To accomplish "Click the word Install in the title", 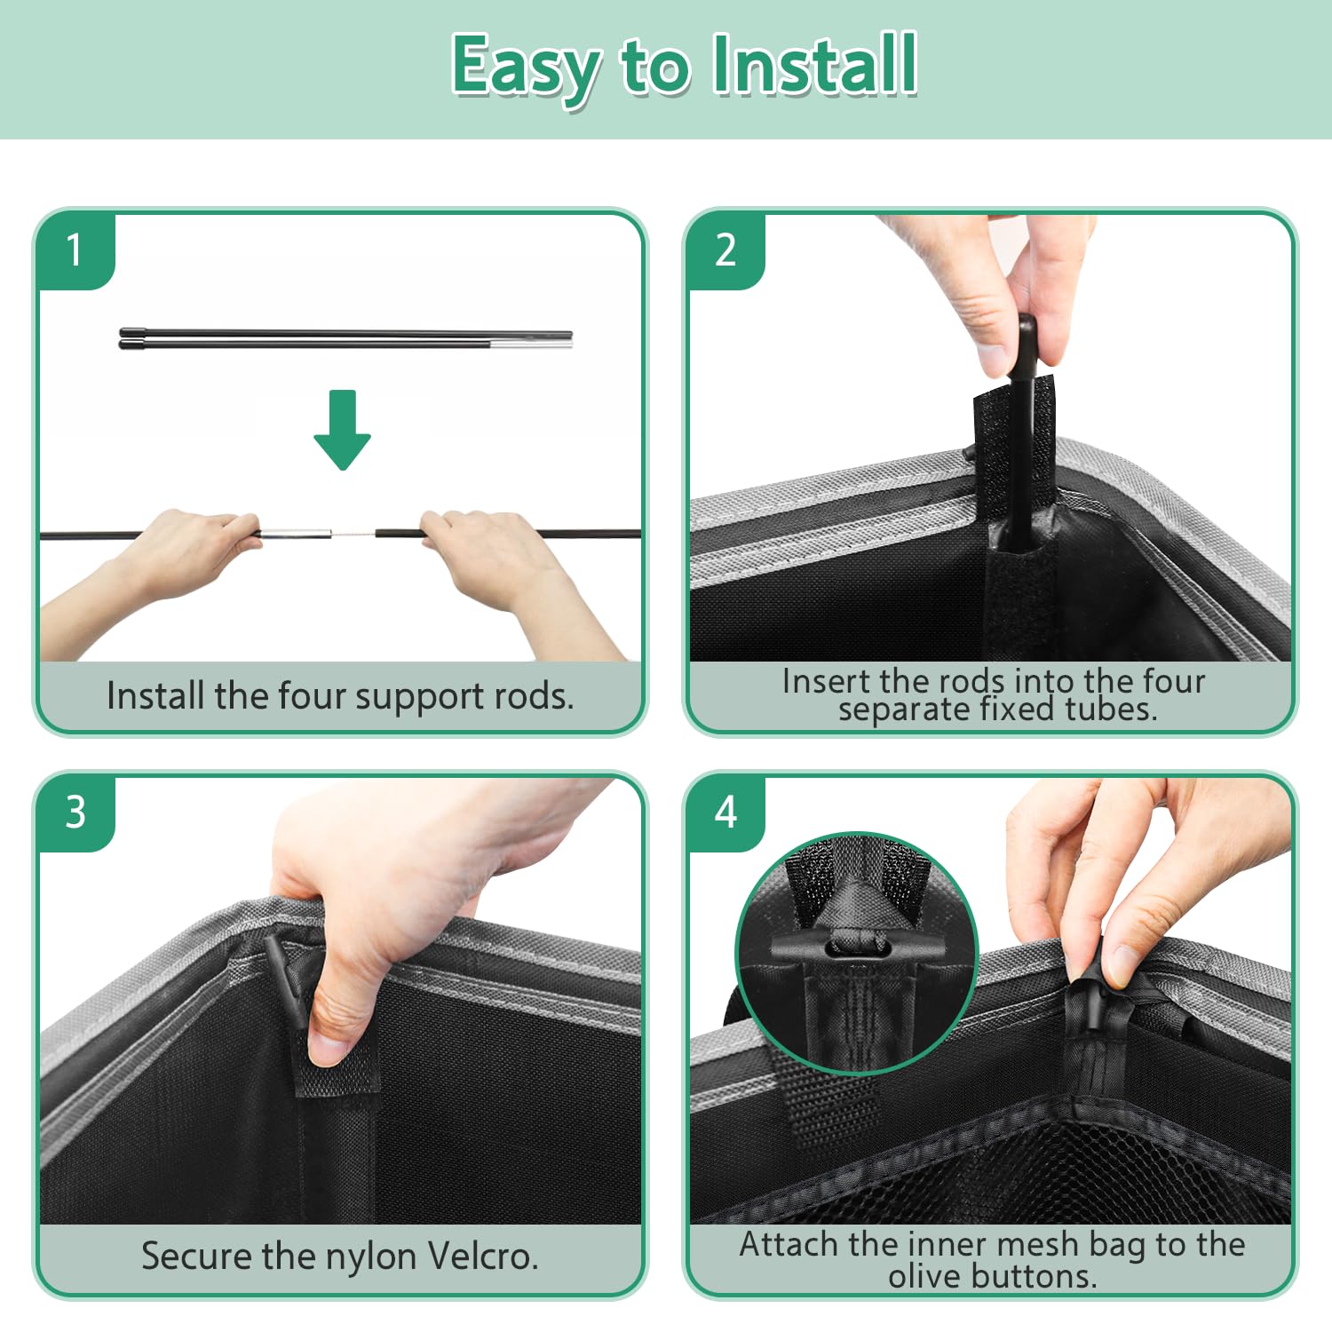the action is point(814,64).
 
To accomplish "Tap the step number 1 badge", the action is point(75,250).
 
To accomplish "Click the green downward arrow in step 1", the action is point(342,430).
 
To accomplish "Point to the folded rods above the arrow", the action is point(346,337).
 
